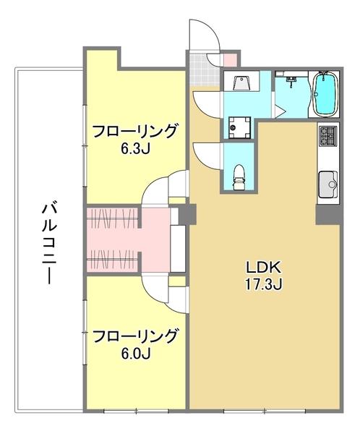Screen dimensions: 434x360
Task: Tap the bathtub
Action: pos(325,95)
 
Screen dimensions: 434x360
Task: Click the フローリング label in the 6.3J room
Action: pos(135,132)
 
